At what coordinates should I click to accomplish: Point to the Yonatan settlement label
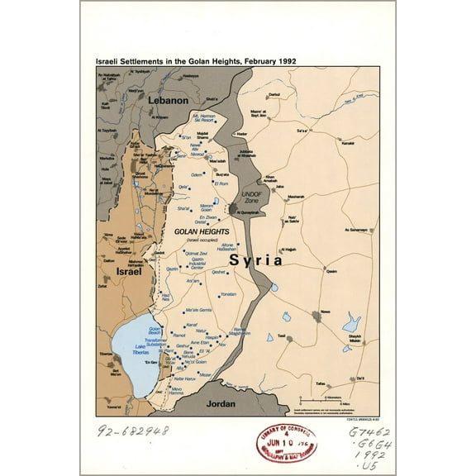pyautogui.click(x=228, y=294)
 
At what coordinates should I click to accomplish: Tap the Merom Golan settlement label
pyautogui.click(x=203, y=211)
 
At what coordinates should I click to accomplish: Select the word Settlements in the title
pyautogui.click(x=154, y=61)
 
